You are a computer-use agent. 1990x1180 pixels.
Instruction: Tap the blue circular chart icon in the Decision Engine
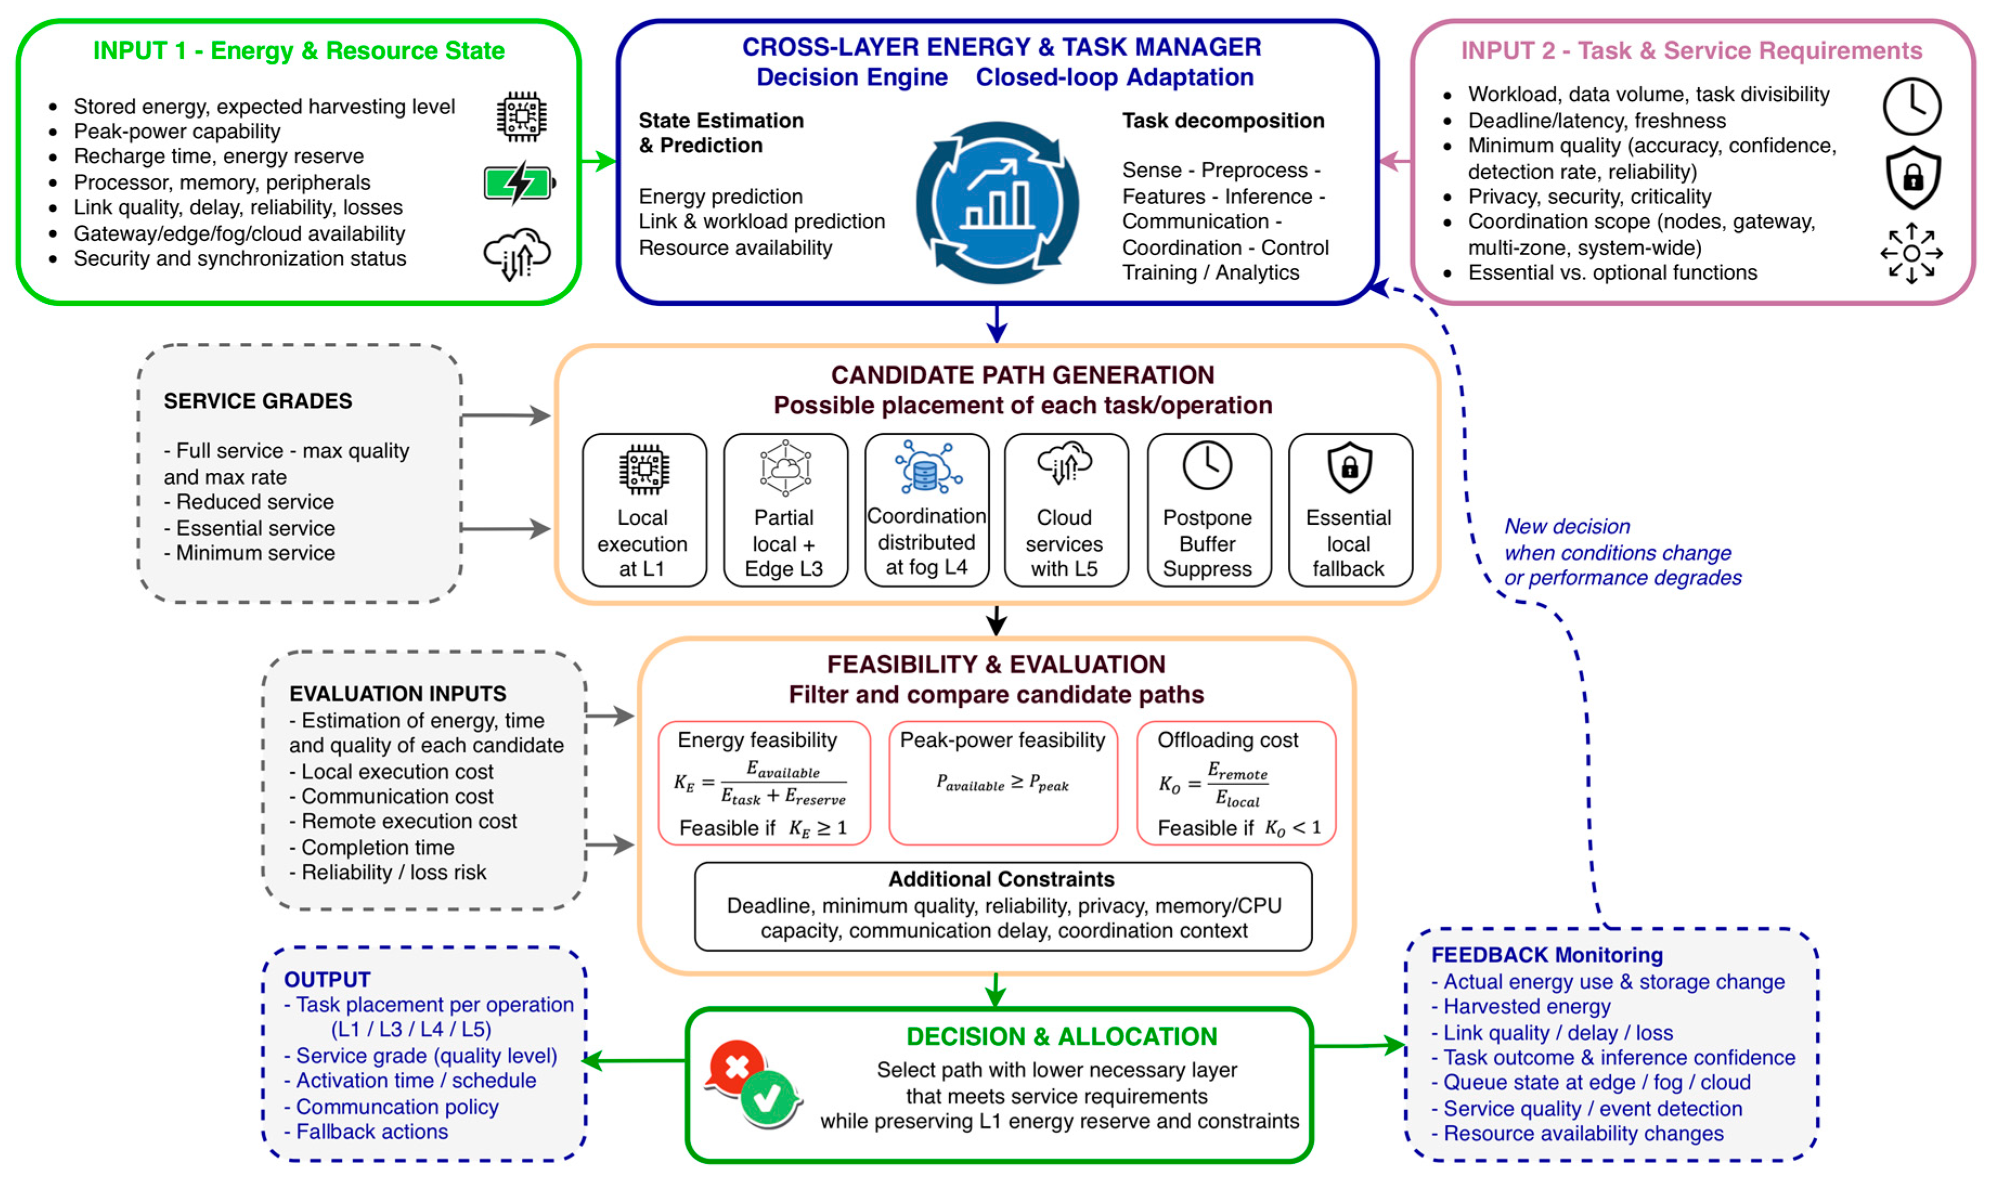tap(997, 203)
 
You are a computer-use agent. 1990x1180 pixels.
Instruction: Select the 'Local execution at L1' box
tap(644, 510)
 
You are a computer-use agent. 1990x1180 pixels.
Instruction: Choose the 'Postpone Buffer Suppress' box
tap(1208, 510)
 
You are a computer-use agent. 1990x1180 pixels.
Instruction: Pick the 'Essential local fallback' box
tap(1350, 510)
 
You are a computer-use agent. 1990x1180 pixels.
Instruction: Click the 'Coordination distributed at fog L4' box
tap(926, 510)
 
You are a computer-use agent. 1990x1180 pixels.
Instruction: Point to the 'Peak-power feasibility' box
tap(1003, 783)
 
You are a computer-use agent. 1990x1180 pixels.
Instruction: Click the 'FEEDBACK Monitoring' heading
tap(1547, 955)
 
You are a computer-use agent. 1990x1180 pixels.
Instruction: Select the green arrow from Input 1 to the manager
tap(599, 161)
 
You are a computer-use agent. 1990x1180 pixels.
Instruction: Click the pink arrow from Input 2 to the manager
tap(1395, 161)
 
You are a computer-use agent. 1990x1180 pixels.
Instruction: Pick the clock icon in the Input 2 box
tap(1912, 106)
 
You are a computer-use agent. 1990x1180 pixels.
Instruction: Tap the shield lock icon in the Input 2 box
tap(1913, 177)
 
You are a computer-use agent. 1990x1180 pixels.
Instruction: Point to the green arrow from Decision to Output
tap(634, 1060)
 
